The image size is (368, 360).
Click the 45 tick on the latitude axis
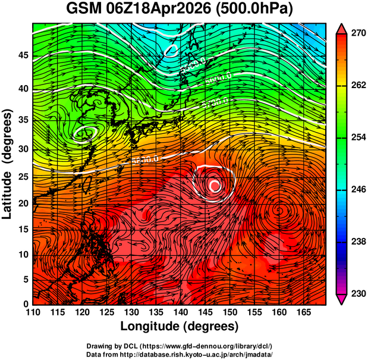coord(22,55)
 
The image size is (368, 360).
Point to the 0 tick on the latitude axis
coord(26,305)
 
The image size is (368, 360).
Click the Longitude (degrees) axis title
coord(180,327)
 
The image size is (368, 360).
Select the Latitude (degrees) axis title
coord(8,164)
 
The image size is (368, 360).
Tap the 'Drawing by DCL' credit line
coord(180,346)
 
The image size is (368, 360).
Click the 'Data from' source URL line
coord(180,354)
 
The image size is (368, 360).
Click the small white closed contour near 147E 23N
coord(215,186)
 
